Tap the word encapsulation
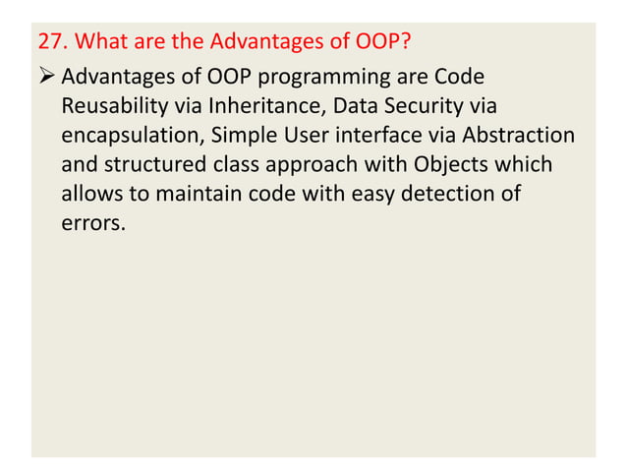coord(130,136)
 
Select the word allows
coord(89,195)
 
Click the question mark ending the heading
coord(404,44)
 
